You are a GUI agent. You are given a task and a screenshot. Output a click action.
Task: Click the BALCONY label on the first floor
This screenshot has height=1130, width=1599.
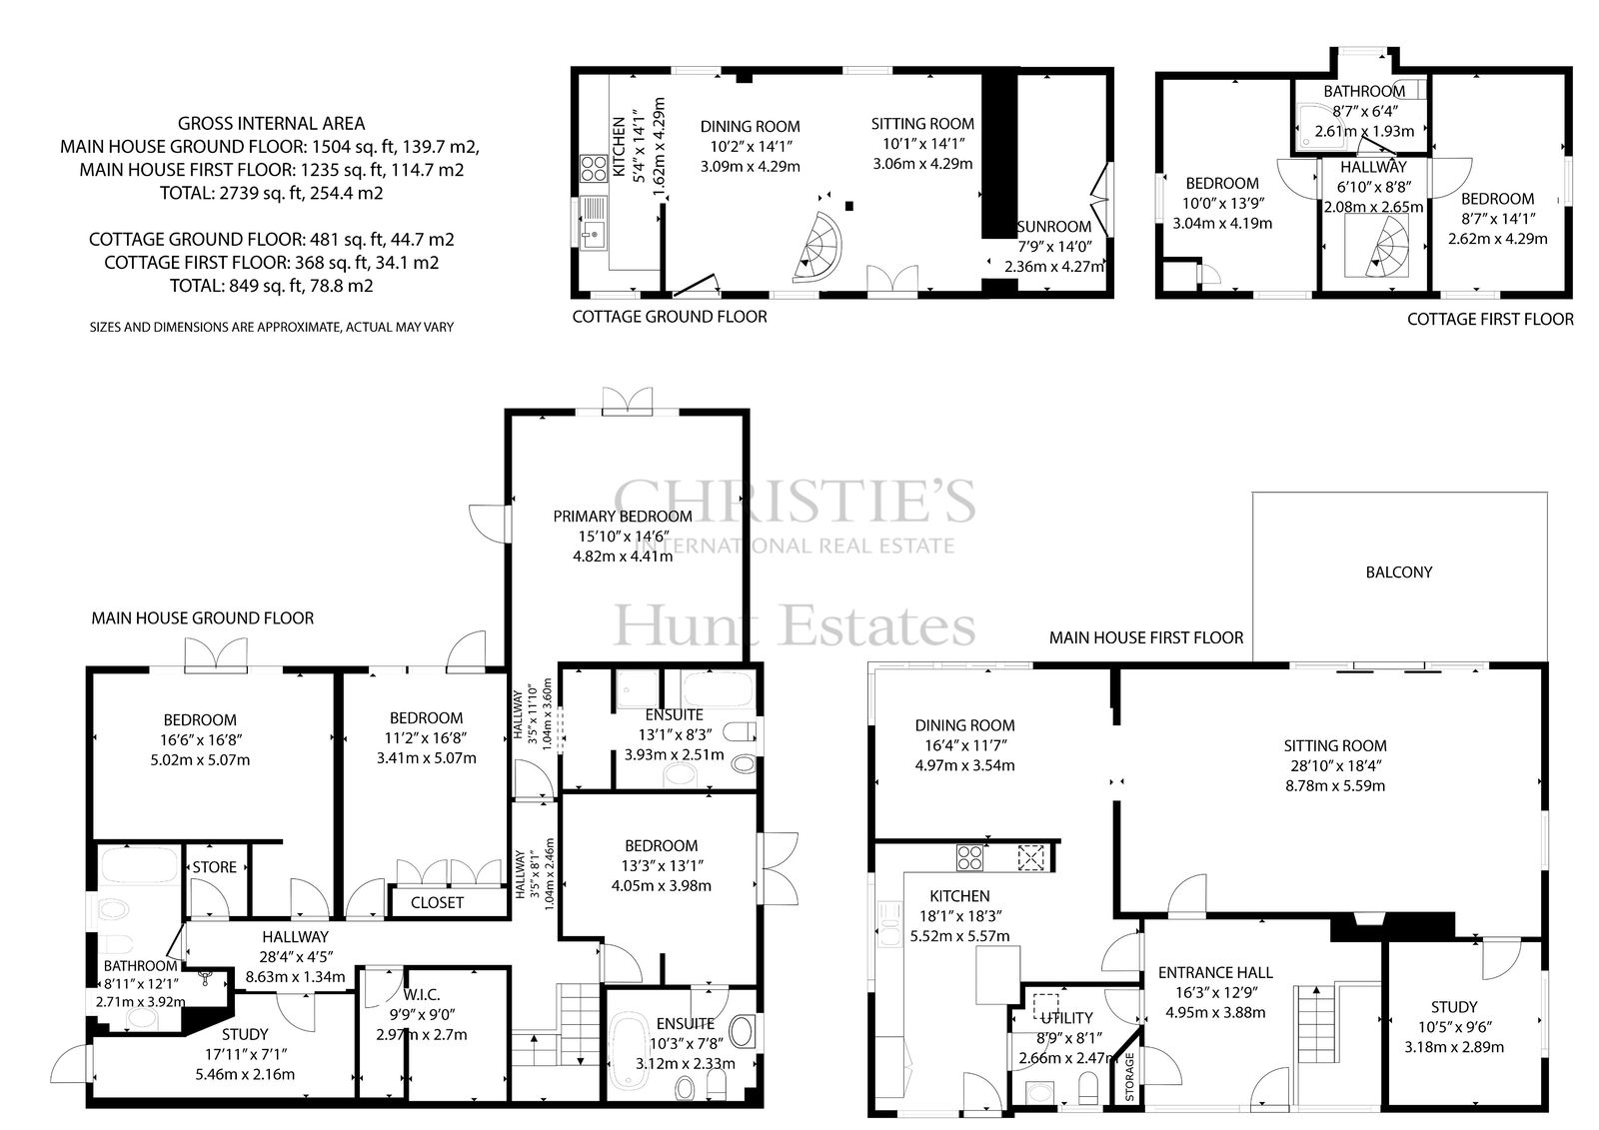1398,571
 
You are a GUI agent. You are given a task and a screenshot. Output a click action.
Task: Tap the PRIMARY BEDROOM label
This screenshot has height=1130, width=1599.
623,517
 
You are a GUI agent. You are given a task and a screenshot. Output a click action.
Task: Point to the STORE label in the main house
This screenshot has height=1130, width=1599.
214,866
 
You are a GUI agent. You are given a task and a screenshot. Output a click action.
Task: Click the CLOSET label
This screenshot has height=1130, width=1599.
437,902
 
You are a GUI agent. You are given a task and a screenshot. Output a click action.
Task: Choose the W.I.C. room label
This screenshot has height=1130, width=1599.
422,994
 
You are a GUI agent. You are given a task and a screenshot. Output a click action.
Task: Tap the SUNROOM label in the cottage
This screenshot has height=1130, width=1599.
1054,226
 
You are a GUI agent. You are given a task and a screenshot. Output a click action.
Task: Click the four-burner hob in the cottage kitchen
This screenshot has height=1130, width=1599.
594,170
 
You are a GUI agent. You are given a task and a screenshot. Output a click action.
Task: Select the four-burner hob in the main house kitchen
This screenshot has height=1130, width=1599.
969,857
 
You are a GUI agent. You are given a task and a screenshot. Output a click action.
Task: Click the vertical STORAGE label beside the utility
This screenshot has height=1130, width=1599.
1129,1076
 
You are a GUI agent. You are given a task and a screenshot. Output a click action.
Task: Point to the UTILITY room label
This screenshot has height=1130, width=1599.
1066,1018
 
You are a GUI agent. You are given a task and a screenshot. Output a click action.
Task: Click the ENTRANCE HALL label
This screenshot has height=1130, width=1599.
1215,972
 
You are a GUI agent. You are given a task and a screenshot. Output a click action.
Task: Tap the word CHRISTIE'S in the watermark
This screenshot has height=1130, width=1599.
795,500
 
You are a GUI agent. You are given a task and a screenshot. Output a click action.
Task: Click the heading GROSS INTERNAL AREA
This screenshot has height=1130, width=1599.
271,124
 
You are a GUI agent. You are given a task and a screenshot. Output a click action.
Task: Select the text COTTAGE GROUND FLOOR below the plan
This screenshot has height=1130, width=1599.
670,317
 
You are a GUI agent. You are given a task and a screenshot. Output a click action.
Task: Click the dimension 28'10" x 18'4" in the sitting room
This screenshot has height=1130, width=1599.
1335,766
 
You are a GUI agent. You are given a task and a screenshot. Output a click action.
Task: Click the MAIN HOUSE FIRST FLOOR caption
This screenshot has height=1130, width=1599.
1146,637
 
